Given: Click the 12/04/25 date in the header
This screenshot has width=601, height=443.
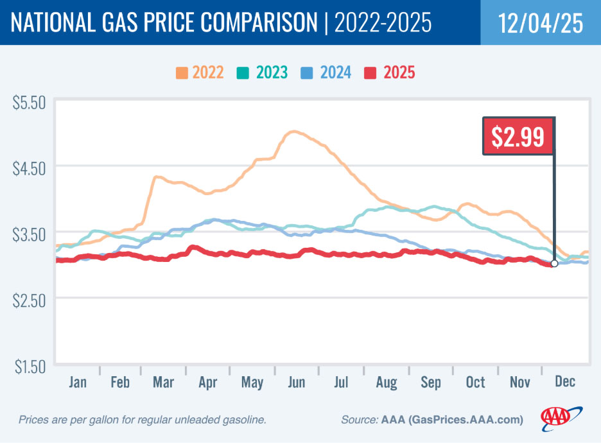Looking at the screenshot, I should tap(541, 23).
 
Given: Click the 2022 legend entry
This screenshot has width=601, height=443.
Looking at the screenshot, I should tap(199, 73).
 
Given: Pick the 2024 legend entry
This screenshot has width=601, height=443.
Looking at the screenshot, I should tap(327, 73).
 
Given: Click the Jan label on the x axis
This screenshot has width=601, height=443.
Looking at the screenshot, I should tap(78, 383).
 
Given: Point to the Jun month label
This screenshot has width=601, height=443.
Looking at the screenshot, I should tap(297, 383).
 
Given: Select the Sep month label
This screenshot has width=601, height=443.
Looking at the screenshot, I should tap(431, 383).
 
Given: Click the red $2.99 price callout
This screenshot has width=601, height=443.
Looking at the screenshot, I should tap(518, 136).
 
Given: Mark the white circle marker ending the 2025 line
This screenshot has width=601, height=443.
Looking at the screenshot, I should tap(554, 263).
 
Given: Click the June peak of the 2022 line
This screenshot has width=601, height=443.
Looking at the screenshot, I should tap(294, 132).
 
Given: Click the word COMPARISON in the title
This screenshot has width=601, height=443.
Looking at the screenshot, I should tap(247, 23).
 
